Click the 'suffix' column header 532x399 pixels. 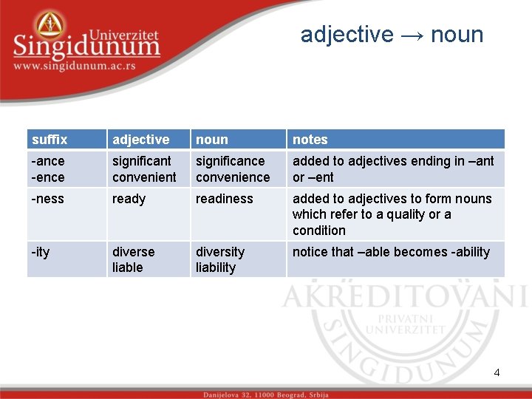[x=50, y=140]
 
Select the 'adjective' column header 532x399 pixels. [x=140, y=140]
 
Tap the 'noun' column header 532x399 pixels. [x=212, y=140]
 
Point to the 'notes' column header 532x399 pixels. [x=310, y=140]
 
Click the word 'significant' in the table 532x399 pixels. [x=141, y=161]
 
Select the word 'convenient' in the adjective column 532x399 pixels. [x=144, y=177]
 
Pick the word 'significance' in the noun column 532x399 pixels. [x=230, y=161]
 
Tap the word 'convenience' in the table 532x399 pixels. [x=233, y=177]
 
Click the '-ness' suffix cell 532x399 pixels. [x=47, y=199]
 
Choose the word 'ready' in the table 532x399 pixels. [x=129, y=199]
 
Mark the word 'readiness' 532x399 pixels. [x=224, y=199]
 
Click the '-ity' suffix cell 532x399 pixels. [x=41, y=252]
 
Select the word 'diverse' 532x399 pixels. [x=134, y=252]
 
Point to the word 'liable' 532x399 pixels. [x=128, y=267]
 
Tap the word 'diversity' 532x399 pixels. [x=219, y=252]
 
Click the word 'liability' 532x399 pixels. [x=216, y=267]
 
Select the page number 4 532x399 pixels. [x=497, y=372]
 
